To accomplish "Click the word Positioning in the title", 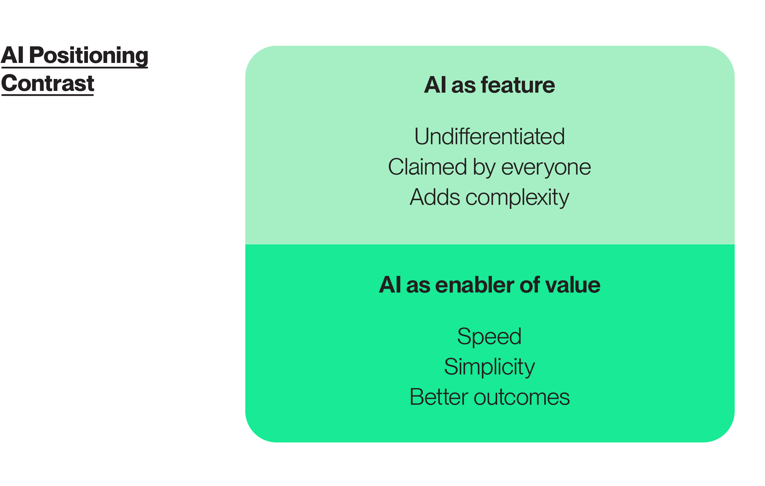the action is click(x=89, y=56).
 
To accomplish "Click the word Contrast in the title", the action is click(x=48, y=83).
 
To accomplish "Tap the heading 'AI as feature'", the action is click(x=489, y=85).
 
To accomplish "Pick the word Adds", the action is click(x=434, y=197).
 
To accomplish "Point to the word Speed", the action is click(x=489, y=337).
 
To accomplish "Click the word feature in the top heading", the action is click(x=518, y=85).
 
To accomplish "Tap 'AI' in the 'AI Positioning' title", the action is click(x=13, y=55).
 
